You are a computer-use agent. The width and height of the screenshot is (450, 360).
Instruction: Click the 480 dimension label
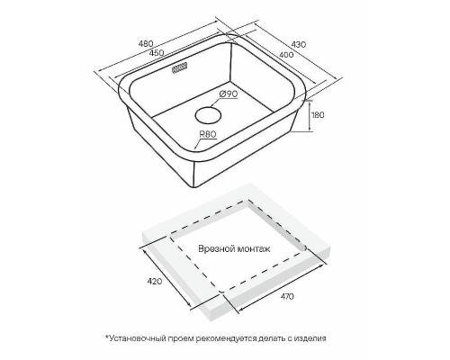pos(146,43)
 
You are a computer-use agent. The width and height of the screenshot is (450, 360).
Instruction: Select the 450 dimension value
pos(157,52)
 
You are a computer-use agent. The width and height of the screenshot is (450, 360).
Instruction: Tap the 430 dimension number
pos(299,44)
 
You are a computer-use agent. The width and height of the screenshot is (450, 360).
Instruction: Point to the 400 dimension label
pos(286,55)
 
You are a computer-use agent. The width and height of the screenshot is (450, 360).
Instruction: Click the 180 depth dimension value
pos(318,115)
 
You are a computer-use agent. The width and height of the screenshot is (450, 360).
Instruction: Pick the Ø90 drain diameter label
pos(229,94)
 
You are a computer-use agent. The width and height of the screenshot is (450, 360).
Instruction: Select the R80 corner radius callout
pos(208,135)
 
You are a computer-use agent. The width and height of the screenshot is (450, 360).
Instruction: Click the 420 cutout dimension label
pos(154,281)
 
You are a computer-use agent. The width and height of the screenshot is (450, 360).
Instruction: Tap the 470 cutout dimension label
pos(287,296)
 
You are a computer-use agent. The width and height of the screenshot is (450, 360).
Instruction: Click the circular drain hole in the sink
pos(209,115)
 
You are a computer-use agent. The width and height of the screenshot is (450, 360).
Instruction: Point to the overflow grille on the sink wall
pos(179,67)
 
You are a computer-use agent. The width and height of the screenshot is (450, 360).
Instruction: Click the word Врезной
pos(217,248)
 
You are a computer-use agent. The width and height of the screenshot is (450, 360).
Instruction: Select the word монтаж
pos(254,248)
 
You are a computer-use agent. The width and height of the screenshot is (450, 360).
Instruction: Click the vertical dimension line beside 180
pos(310,116)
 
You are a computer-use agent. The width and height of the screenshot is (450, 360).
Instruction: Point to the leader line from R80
pos(198,143)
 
